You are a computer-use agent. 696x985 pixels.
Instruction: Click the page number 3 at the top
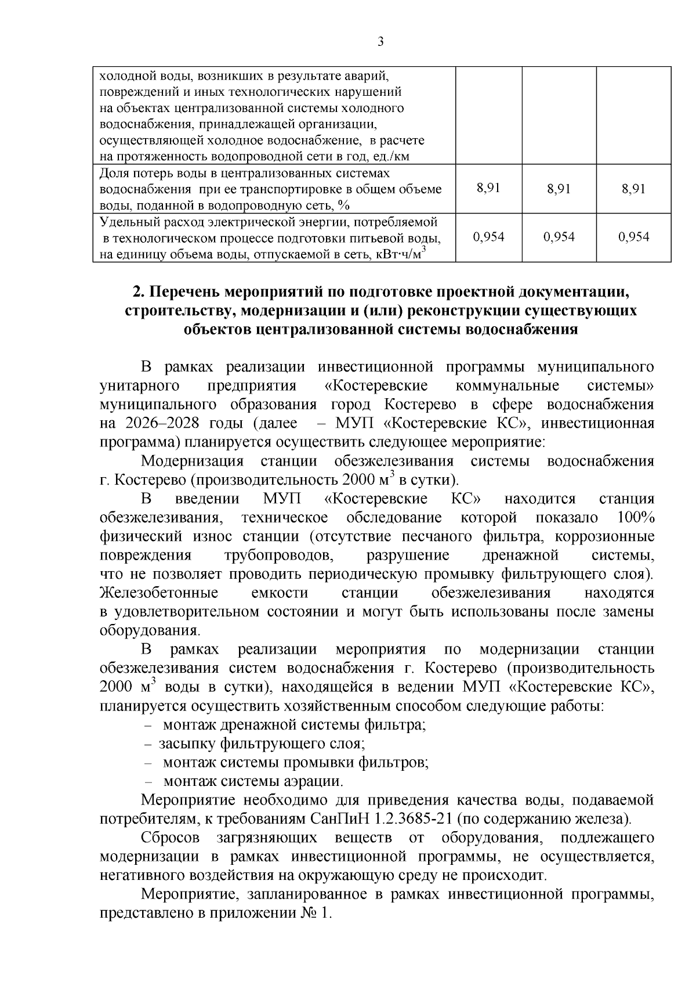coord(380,41)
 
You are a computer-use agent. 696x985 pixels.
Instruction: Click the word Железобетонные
coord(159,593)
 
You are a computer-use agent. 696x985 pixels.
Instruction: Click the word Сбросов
coord(171,838)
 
